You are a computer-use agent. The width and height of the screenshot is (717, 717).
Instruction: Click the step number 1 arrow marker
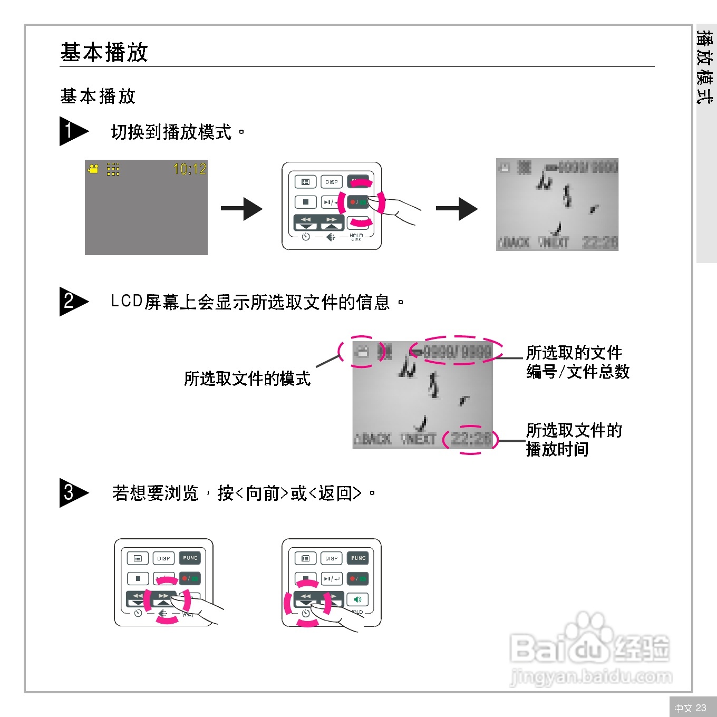tap(73, 131)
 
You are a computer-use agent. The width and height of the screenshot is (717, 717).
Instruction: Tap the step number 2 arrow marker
tap(73, 302)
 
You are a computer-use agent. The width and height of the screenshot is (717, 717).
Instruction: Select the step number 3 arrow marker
tap(73, 493)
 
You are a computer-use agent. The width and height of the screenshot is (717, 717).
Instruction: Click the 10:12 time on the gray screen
tap(190, 169)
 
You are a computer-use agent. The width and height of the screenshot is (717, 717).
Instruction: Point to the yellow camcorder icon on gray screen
tap(93, 169)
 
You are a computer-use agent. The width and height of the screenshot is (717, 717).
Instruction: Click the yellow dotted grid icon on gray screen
tap(113, 169)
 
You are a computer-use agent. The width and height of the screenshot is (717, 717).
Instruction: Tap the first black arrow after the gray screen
tap(241, 209)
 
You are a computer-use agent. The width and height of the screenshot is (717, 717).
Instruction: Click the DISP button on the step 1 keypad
tap(332, 182)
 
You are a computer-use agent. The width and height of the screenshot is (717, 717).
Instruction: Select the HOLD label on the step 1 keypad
tap(356, 236)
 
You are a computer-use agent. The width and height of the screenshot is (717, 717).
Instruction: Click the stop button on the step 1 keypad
tap(305, 202)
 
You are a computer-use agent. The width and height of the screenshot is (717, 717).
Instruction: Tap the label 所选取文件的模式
tap(247, 379)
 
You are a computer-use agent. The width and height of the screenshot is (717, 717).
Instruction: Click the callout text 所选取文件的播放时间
tap(574, 440)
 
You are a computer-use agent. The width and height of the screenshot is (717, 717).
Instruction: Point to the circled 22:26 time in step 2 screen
tap(470, 439)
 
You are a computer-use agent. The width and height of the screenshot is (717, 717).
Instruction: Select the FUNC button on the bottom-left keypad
tap(190, 558)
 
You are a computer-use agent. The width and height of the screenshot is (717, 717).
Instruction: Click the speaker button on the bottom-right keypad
tap(358, 599)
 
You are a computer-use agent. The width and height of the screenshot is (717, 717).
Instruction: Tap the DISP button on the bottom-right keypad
tap(332, 558)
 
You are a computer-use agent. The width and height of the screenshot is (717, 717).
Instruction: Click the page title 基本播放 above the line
tap(104, 52)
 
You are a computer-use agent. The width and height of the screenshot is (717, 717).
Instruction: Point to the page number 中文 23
tap(690, 708)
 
